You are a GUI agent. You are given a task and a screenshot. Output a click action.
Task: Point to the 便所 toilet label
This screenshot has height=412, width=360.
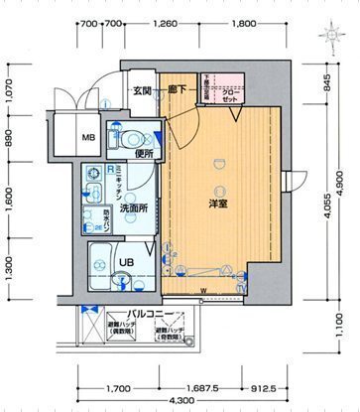142,154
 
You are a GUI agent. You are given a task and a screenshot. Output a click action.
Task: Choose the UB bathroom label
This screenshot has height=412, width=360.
127,262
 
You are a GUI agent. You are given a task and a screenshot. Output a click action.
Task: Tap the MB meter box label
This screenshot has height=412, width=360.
88,138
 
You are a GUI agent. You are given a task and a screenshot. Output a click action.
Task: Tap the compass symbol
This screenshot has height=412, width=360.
331,36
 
